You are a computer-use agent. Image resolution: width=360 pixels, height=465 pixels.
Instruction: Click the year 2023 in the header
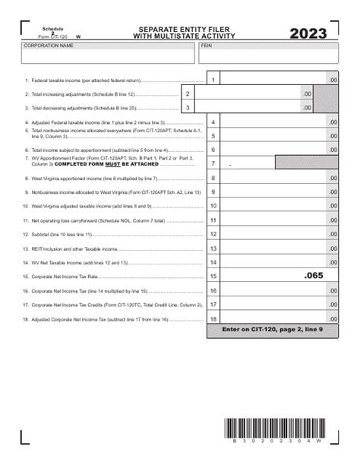pyautogui.click(x=308, y=33)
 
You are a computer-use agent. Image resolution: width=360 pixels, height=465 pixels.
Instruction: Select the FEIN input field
pyautogui.click(x=268, y=55)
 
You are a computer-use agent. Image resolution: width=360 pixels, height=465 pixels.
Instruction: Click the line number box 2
pyautogui.click(x=188, y=93)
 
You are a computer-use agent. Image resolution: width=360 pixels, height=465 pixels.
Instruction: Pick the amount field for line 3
pyautogui.click(x=254, y=108)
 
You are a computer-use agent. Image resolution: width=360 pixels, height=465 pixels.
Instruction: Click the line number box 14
pyautogui.click(x=213, y=262)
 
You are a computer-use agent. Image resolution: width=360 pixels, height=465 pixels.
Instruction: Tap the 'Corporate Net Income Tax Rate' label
pyautogui.click(x=67, y=277)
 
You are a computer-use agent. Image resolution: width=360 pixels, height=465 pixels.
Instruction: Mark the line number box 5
pyautogui.click(x=213, y=136)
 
